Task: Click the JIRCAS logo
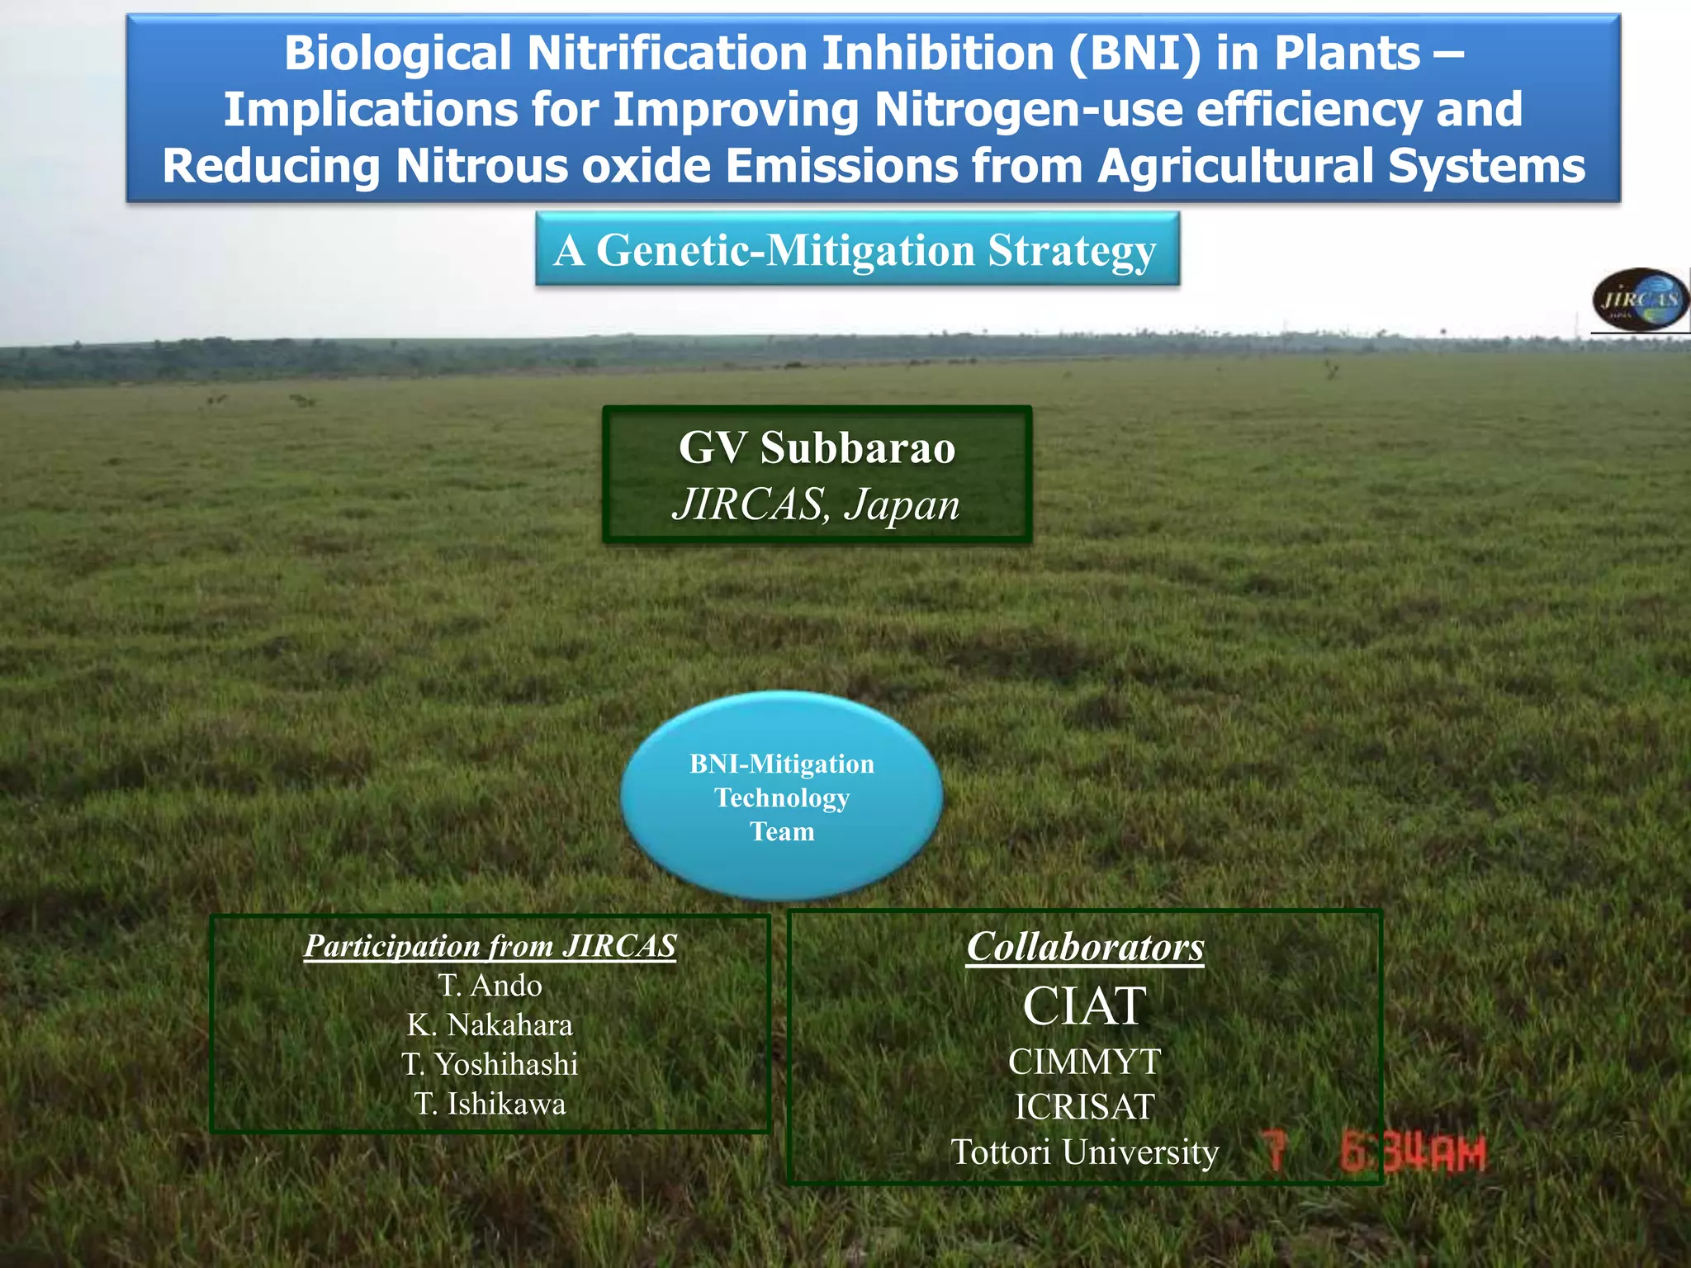(1641, 300)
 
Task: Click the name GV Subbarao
(817, 448)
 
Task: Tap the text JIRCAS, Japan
(816, 504)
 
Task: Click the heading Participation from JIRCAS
(490, 946)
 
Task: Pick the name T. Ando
(490, 986)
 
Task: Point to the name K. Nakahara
(490, 1025)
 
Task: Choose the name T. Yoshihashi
(490, 1065)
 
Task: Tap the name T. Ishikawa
(490, 1105)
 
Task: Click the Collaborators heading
(1085, 947)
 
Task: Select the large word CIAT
(1085, 1006)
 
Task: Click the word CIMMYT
(1085, 1062)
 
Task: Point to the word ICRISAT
(1085, 1108)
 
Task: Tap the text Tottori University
(1085, 1152)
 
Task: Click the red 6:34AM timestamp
(1412, 1154)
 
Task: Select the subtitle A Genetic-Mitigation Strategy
(855, 250)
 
